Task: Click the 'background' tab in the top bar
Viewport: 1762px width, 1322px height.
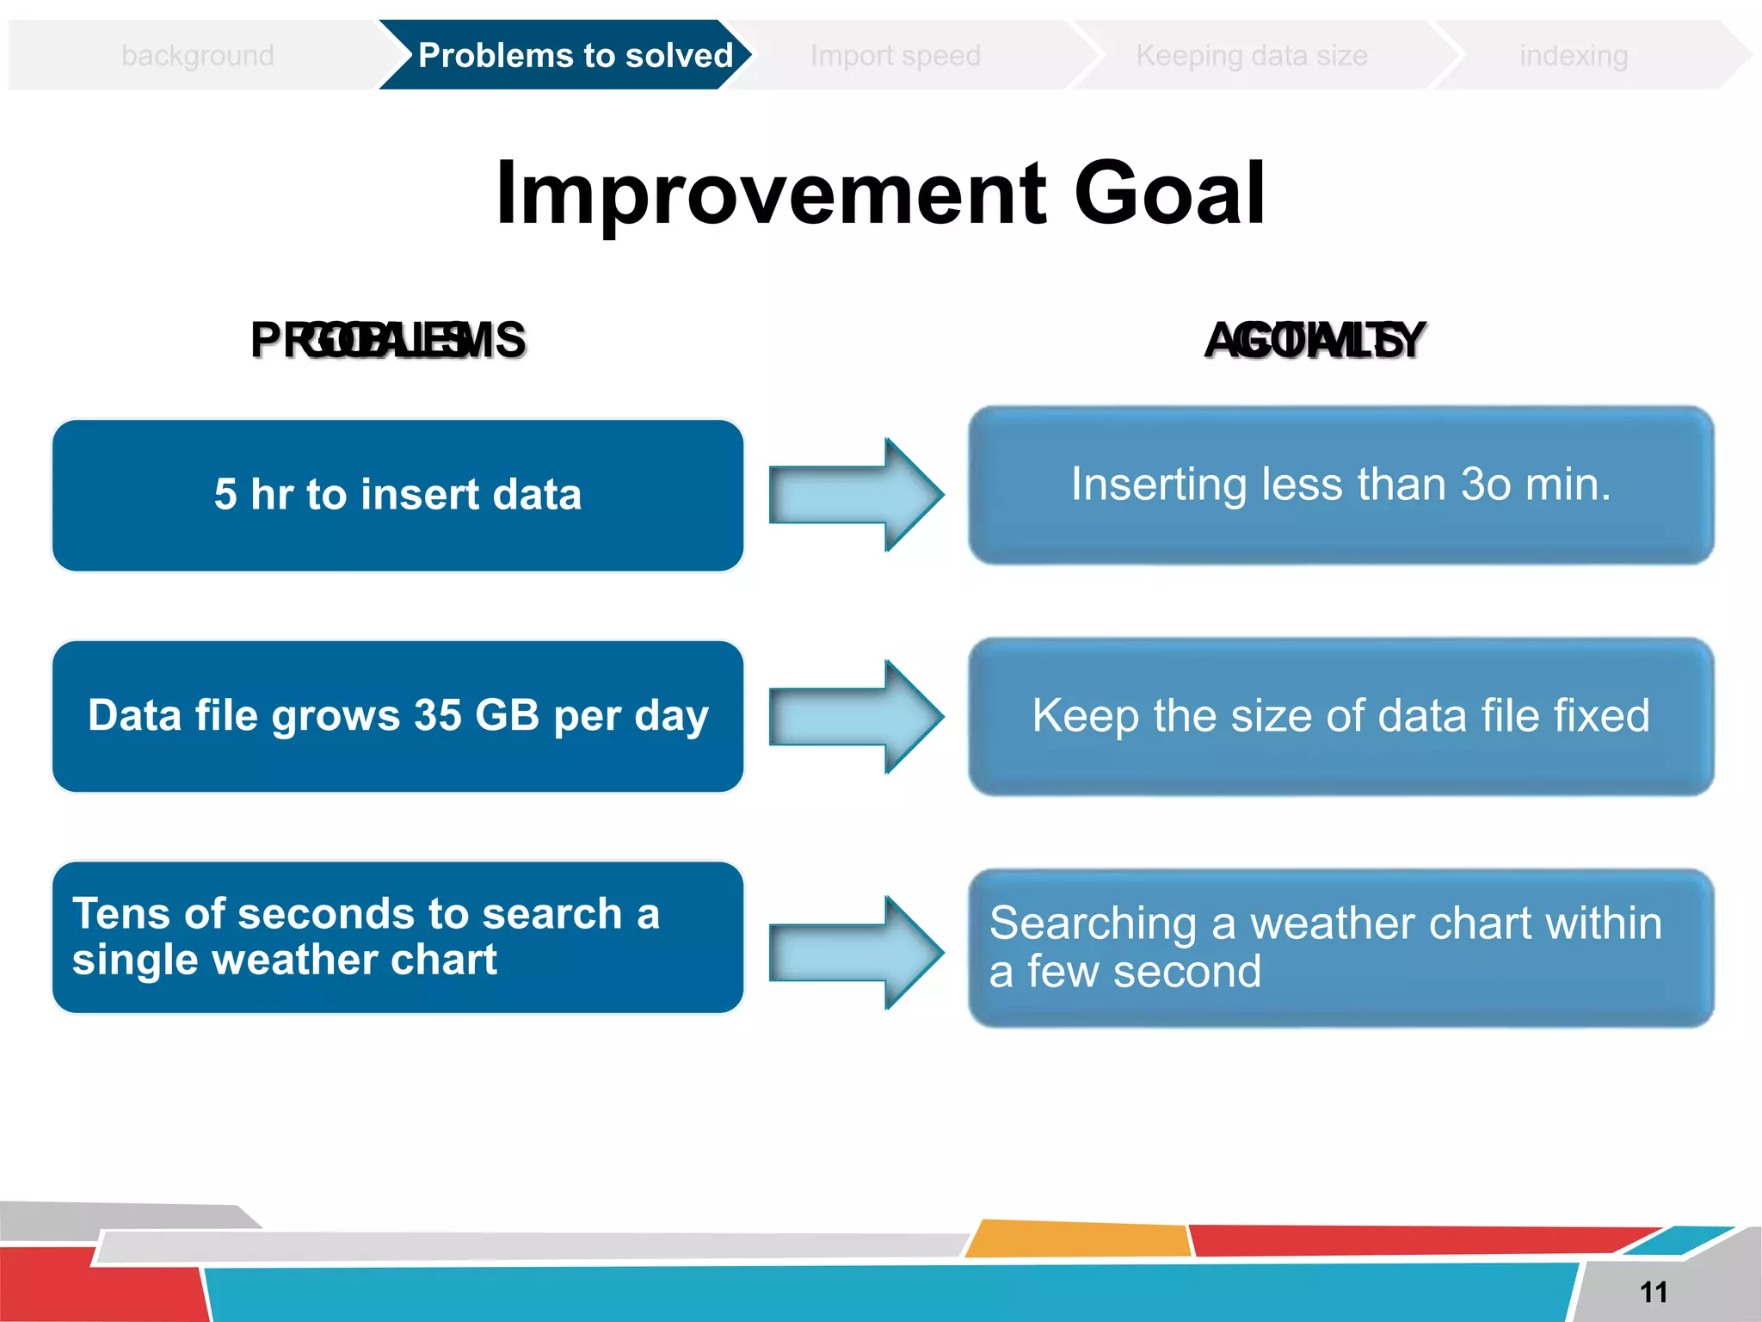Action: coord(198,55)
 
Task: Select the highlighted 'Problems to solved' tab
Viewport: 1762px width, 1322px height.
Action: coord(575,55)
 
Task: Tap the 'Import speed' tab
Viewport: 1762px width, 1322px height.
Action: coord(895,55)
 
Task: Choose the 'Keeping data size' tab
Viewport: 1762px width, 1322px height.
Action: coord(1251,55)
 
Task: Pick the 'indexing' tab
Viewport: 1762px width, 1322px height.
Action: coord(1573,55)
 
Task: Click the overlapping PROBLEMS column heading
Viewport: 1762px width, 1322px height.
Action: coord(388,340)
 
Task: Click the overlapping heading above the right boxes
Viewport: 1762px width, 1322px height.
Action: coord(1314,340)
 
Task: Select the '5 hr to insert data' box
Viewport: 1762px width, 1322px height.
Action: coord(397,495)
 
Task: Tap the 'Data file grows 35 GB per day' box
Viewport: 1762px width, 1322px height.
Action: coord(397,715)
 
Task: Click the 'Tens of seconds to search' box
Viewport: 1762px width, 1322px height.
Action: coord(397,936)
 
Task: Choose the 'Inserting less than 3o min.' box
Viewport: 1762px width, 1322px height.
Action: coord(1340,485)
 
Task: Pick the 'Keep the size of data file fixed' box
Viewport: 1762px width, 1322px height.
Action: coord(1340,715)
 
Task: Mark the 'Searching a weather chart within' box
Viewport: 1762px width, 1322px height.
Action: coord(1340,947)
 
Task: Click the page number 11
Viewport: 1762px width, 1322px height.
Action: coord(1654,1292)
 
